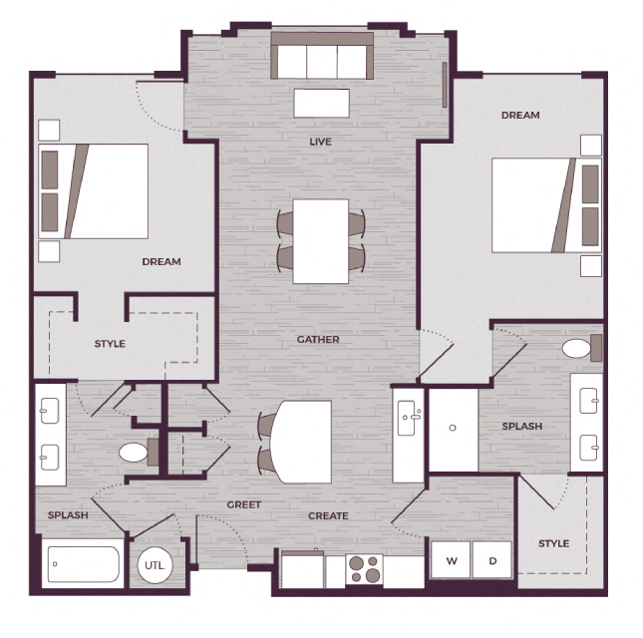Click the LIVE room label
(x=320, y=142)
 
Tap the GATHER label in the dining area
(x=318, y=340)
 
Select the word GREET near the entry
(x=244, y=504)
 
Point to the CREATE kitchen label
(x=328, y=515)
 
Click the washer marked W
(x=451, y=560)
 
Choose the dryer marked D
(x=492, y=560)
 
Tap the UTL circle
(x=155, y=565)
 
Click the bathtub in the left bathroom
(x=84, y=564)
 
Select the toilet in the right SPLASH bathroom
(x=581, y=348)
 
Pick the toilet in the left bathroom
(x=139, y=453)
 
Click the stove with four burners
(x=364, y=568)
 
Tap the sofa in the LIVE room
(x=322, y=56)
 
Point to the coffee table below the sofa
(x=321, y=103)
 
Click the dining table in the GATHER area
(x=321, y=241)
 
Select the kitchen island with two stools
(x=301, y=442)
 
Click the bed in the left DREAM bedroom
(x=94, y=191)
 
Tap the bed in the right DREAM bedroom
(x=546, y=205)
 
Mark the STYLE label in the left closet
(x=110, y=344)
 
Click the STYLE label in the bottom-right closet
(x=553, y=543)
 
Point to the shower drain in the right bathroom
(x=453, y=428)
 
